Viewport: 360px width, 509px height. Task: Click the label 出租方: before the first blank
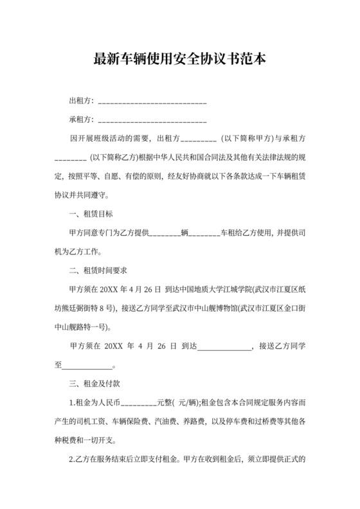click(x=82, y=101)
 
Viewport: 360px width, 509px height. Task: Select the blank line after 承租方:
click(x=152, y=120)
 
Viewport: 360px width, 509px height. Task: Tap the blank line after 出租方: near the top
click(x=152, y=102)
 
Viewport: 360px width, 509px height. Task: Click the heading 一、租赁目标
click(x=91, y=213)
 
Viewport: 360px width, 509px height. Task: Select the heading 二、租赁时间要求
click(x=100, y=270)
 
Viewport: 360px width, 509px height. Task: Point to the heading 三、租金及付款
click(x=96, y=384)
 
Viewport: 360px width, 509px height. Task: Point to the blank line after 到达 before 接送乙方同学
click(x=225, y=347)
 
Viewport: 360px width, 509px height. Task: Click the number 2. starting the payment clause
click(x=72, y=460)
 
